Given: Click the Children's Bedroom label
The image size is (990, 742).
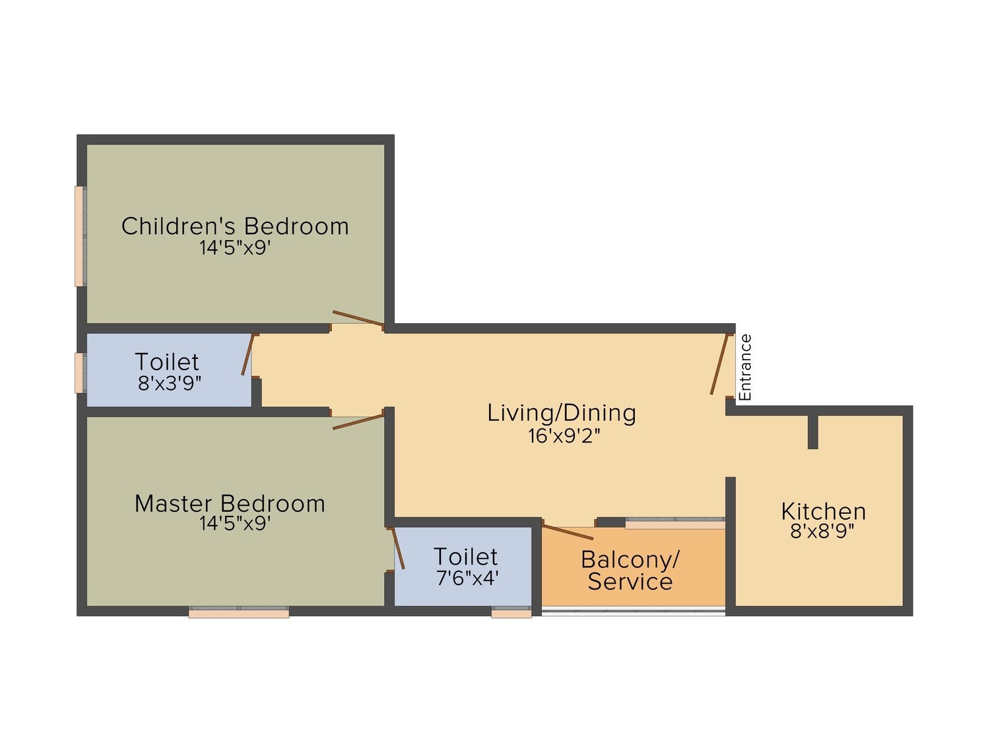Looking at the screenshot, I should click(235, 226).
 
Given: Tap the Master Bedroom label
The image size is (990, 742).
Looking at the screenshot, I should click(230, 504).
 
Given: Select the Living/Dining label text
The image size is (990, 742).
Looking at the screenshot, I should click(562, 413).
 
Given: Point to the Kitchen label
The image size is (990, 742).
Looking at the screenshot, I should click(823, 511).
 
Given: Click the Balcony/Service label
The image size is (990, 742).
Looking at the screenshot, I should click(630, 571).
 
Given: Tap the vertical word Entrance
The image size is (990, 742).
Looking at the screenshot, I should click(745, 367).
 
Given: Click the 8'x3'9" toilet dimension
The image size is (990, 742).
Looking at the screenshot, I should click(170, 383).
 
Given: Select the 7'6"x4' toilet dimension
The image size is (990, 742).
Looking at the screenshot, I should click(467, 578).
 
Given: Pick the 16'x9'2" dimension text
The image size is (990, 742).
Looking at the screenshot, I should click(564, 435).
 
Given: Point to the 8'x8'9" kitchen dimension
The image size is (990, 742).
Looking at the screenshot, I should click(822, 531).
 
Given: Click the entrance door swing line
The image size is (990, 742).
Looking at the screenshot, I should click(719, 364).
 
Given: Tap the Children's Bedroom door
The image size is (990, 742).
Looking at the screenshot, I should click(358, 318).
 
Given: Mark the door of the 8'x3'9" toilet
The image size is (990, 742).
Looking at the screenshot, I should click(247, 355).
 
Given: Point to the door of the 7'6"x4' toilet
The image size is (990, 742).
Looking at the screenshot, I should click(399, 548).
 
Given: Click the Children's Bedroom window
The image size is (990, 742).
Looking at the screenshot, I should click(79, 236).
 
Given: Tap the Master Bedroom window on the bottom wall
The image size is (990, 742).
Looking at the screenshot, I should click(239, 613).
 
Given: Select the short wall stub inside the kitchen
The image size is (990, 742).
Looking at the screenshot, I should click(813, 432).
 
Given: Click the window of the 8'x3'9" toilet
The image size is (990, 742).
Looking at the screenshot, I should click(79, 373).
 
